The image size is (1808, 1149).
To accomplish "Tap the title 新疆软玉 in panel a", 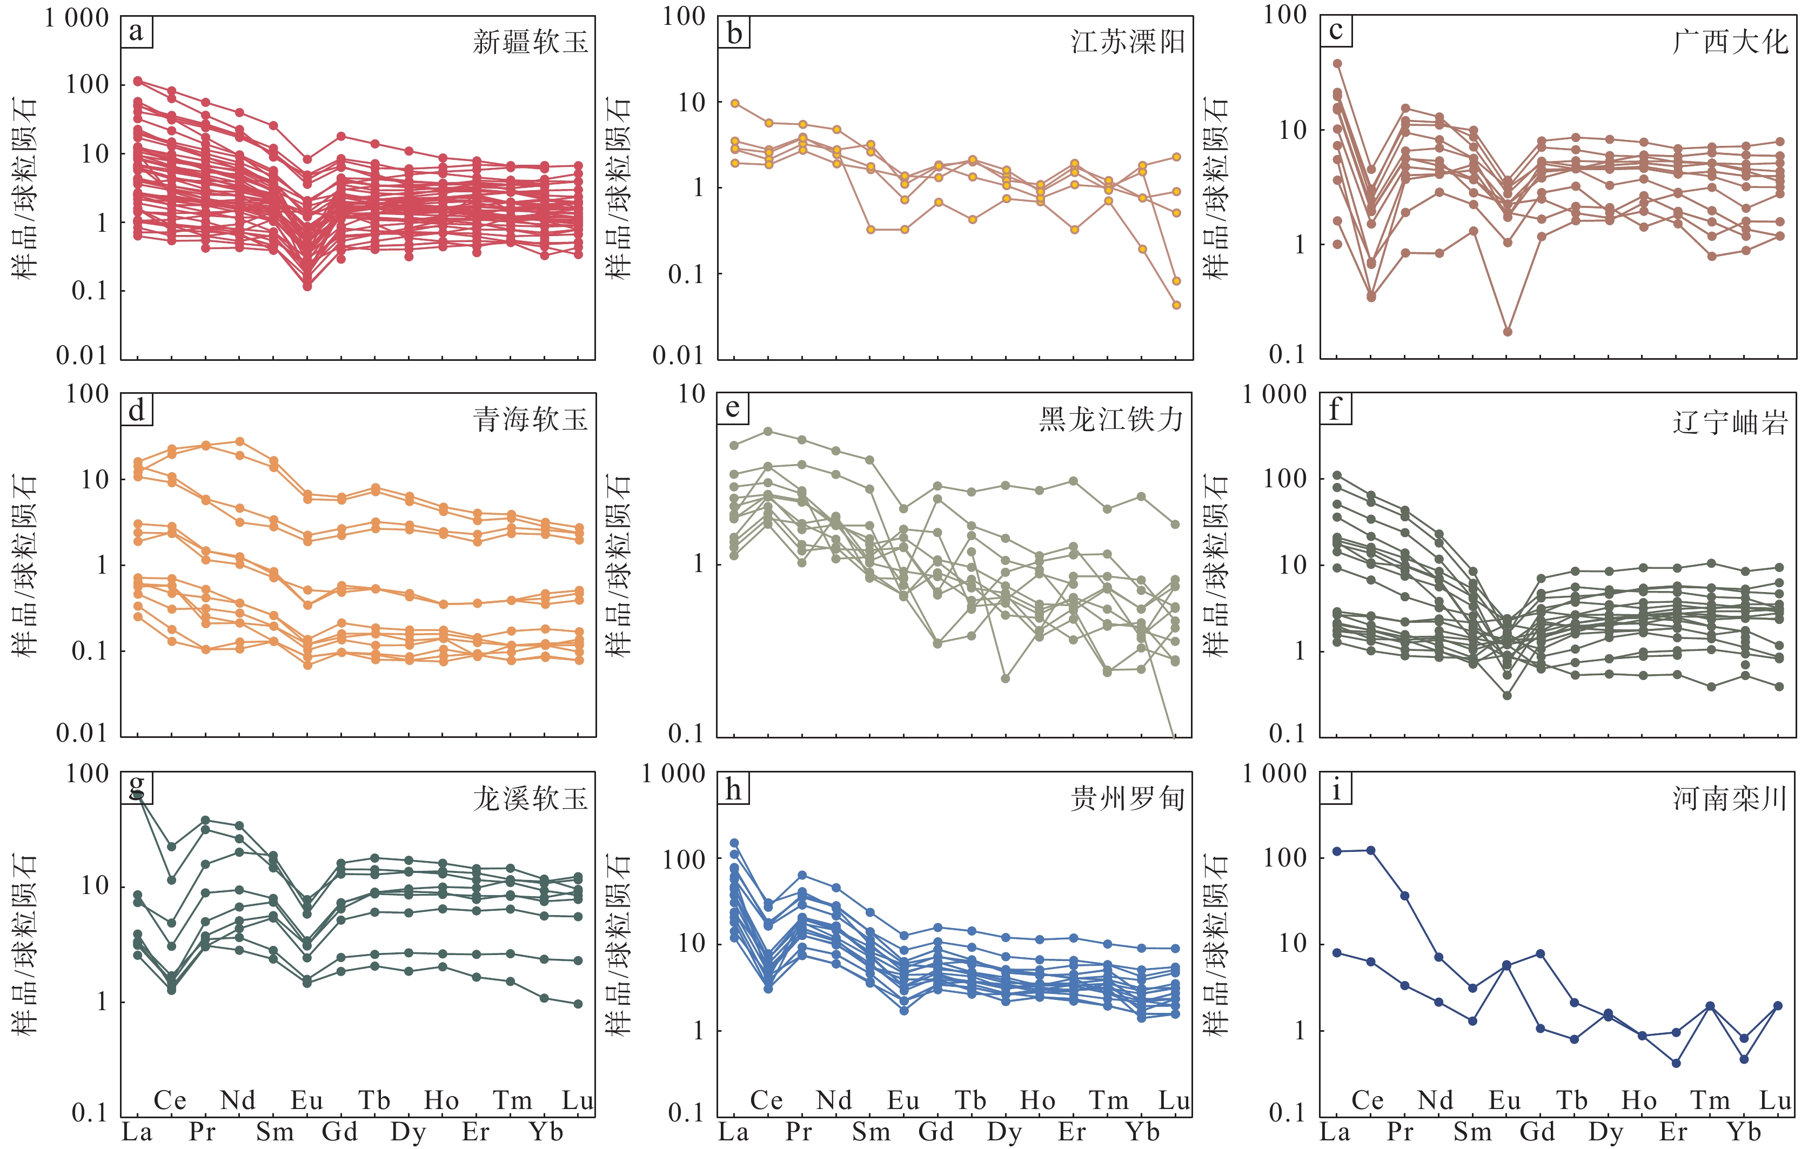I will (530, 42).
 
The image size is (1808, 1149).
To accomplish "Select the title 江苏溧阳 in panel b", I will (1128, 42).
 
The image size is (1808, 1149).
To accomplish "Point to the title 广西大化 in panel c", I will (1730, 42).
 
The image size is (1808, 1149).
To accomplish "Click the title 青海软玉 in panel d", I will (530, 420).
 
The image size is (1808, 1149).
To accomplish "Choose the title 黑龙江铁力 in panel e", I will (1111, 420).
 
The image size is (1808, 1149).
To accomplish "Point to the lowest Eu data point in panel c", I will (1507, 332).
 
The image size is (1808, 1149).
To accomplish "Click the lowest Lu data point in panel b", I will (1176, 305).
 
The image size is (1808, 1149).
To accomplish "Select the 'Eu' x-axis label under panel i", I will (1505, 1101).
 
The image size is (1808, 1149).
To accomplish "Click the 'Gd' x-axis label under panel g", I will (339, 1132).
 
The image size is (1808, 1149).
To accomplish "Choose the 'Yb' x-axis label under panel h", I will (1142, 1132).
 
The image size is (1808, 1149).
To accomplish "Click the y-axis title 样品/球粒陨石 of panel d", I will (25, 565).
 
